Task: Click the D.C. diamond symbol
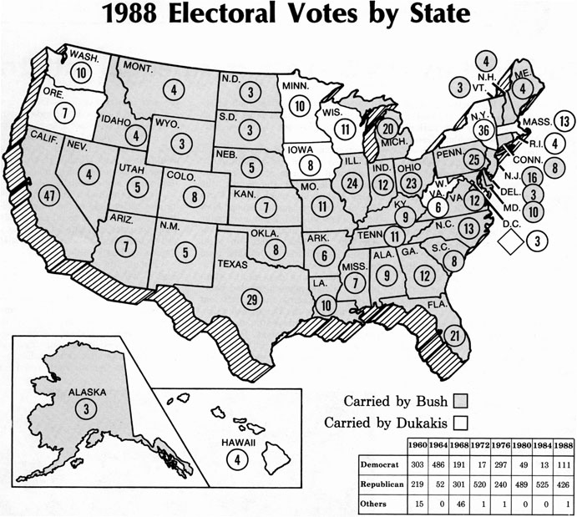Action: [x=509, y=241]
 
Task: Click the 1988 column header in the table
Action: [x=563, y=444]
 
